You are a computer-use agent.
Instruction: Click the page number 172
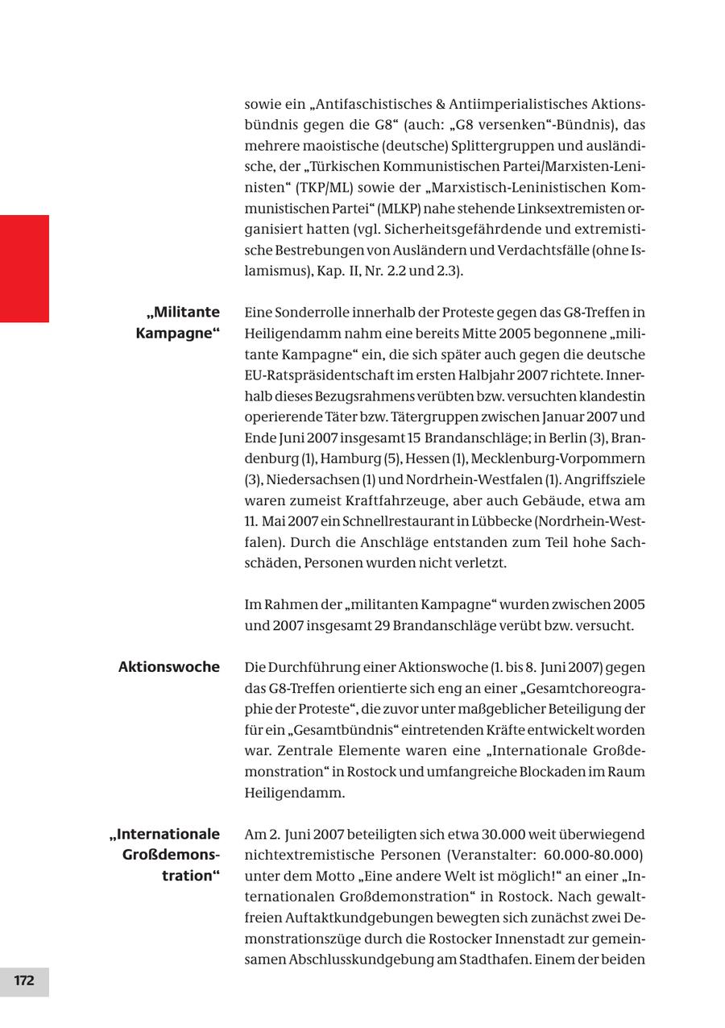[x=24, y=980]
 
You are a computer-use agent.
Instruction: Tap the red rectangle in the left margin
[x=24, y=268]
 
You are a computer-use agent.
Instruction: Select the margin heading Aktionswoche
[x=168, y=667]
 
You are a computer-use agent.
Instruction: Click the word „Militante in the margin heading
[x=183, y=313]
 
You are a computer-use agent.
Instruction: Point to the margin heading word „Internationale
[x=165, y=834]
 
